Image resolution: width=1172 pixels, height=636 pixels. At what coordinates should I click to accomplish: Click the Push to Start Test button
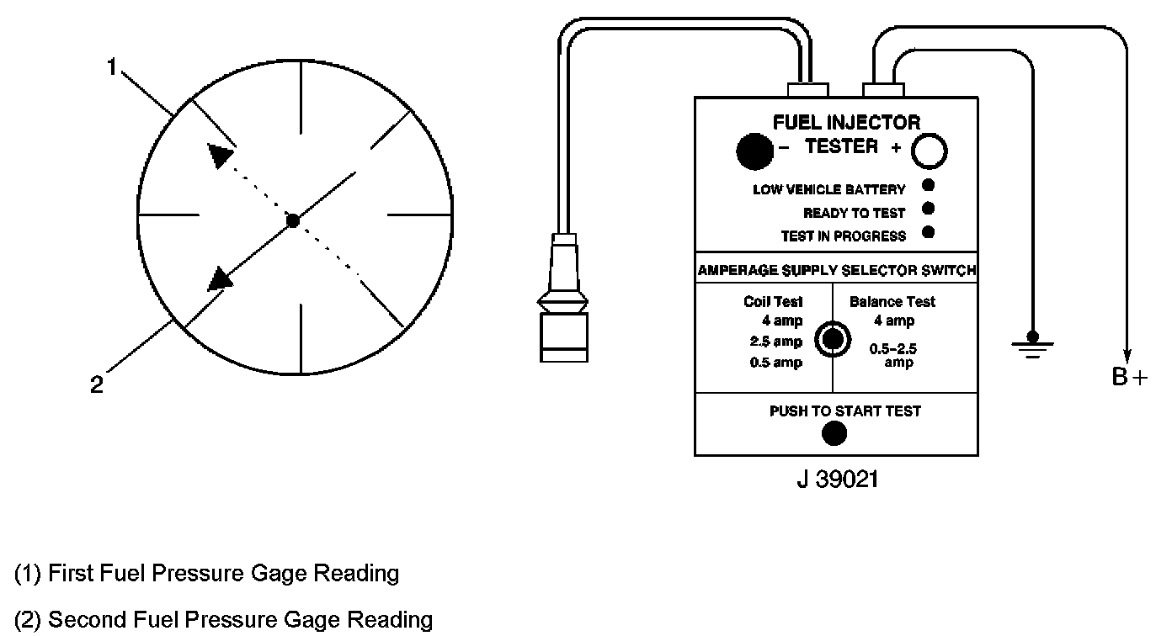click(x=834, y=433)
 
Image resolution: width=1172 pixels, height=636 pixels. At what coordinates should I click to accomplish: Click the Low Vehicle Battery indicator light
click(x=929, y=186)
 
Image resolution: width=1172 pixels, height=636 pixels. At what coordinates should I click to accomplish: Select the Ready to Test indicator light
click(x=929, y=209)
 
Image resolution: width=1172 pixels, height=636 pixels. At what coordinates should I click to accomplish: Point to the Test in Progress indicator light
click(x=929, y=232)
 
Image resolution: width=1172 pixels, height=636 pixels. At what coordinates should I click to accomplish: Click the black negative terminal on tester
click(x=754, y=151)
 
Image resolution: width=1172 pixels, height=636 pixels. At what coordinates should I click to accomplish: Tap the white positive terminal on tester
click(x=931, y=151)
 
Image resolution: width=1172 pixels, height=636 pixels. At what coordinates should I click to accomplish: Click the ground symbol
click(x=1030, y=344)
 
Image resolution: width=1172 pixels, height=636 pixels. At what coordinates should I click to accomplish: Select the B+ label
click(x=1129, y=377)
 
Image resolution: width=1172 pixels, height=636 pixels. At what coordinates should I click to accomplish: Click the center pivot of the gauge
click(x=292, y=220)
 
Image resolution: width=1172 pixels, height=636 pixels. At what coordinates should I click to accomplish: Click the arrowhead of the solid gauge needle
click(x=221, y=278)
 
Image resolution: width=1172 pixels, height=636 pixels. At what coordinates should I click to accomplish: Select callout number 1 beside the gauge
click(x=113, y=66)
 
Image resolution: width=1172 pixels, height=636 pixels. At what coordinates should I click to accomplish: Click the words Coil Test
click(x=773, y=301)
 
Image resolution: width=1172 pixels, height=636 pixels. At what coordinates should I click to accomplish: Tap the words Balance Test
click(x=892, y=301)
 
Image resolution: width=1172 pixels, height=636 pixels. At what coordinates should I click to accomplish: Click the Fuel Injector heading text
click(x=846, y=123)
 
